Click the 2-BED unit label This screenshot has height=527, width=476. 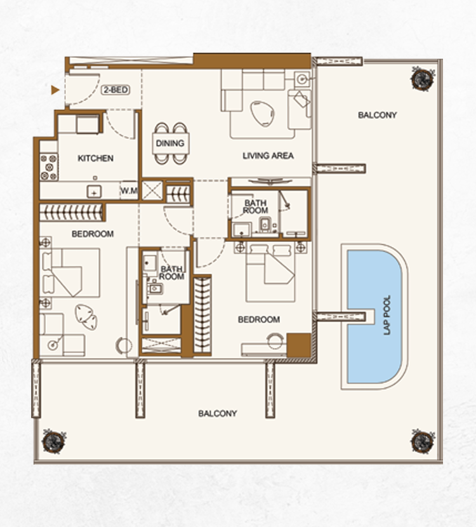tap(116, 90)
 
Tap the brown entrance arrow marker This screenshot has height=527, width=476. tap(55, 90)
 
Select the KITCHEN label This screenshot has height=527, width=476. tap(95, 158)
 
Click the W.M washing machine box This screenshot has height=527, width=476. tap(129, 190)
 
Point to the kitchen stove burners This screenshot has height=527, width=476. tap(49, 167)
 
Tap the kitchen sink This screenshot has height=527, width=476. tap(95, 192)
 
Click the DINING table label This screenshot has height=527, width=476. tap(170, 143)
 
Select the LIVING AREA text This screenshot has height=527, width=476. tap(268, 156)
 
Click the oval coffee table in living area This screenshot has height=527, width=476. tap(262, 114)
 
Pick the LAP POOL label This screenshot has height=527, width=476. tap(387, 315)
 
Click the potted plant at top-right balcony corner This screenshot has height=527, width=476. tap(422, 79)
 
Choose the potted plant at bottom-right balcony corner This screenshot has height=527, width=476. tap(423, 441)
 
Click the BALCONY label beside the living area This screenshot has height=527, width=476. tap(377, 116)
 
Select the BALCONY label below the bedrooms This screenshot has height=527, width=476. tap(218, 413)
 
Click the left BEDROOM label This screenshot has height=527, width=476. tap(93, 234)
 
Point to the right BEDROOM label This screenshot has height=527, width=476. tap(259, 319)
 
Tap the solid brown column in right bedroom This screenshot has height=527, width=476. tap(299, 345)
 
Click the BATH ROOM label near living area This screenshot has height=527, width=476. tap(255, 207)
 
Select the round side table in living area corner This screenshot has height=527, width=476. tap(302, 79)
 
